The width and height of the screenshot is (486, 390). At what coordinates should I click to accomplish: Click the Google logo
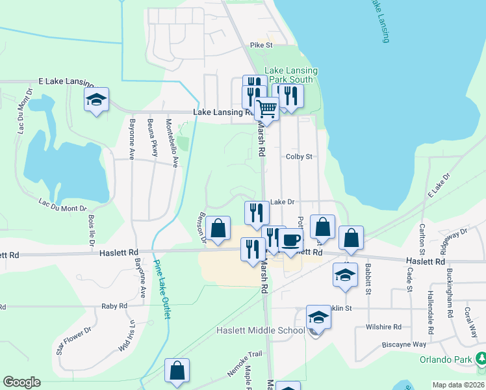tap(21, 382)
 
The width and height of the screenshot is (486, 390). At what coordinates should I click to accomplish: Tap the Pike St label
tap(261, 45)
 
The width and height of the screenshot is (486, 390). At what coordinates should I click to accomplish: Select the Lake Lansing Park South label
tap(291, 75)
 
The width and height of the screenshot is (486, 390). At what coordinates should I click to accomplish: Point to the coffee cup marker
tap(290, 240)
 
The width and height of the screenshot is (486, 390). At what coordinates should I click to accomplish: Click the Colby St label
tap(299, 157)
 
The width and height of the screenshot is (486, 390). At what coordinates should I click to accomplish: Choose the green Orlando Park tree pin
tap(481, 358)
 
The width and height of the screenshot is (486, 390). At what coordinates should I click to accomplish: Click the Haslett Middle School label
tap(261, 331)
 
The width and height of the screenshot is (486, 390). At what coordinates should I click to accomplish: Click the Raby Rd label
tap(114, 305)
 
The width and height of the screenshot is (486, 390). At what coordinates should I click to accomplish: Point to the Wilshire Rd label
tap(383, 328)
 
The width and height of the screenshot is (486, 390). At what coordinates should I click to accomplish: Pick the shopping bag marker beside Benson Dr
tap(218, 228)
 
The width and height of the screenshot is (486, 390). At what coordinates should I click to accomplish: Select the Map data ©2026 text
tap(459, 385)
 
